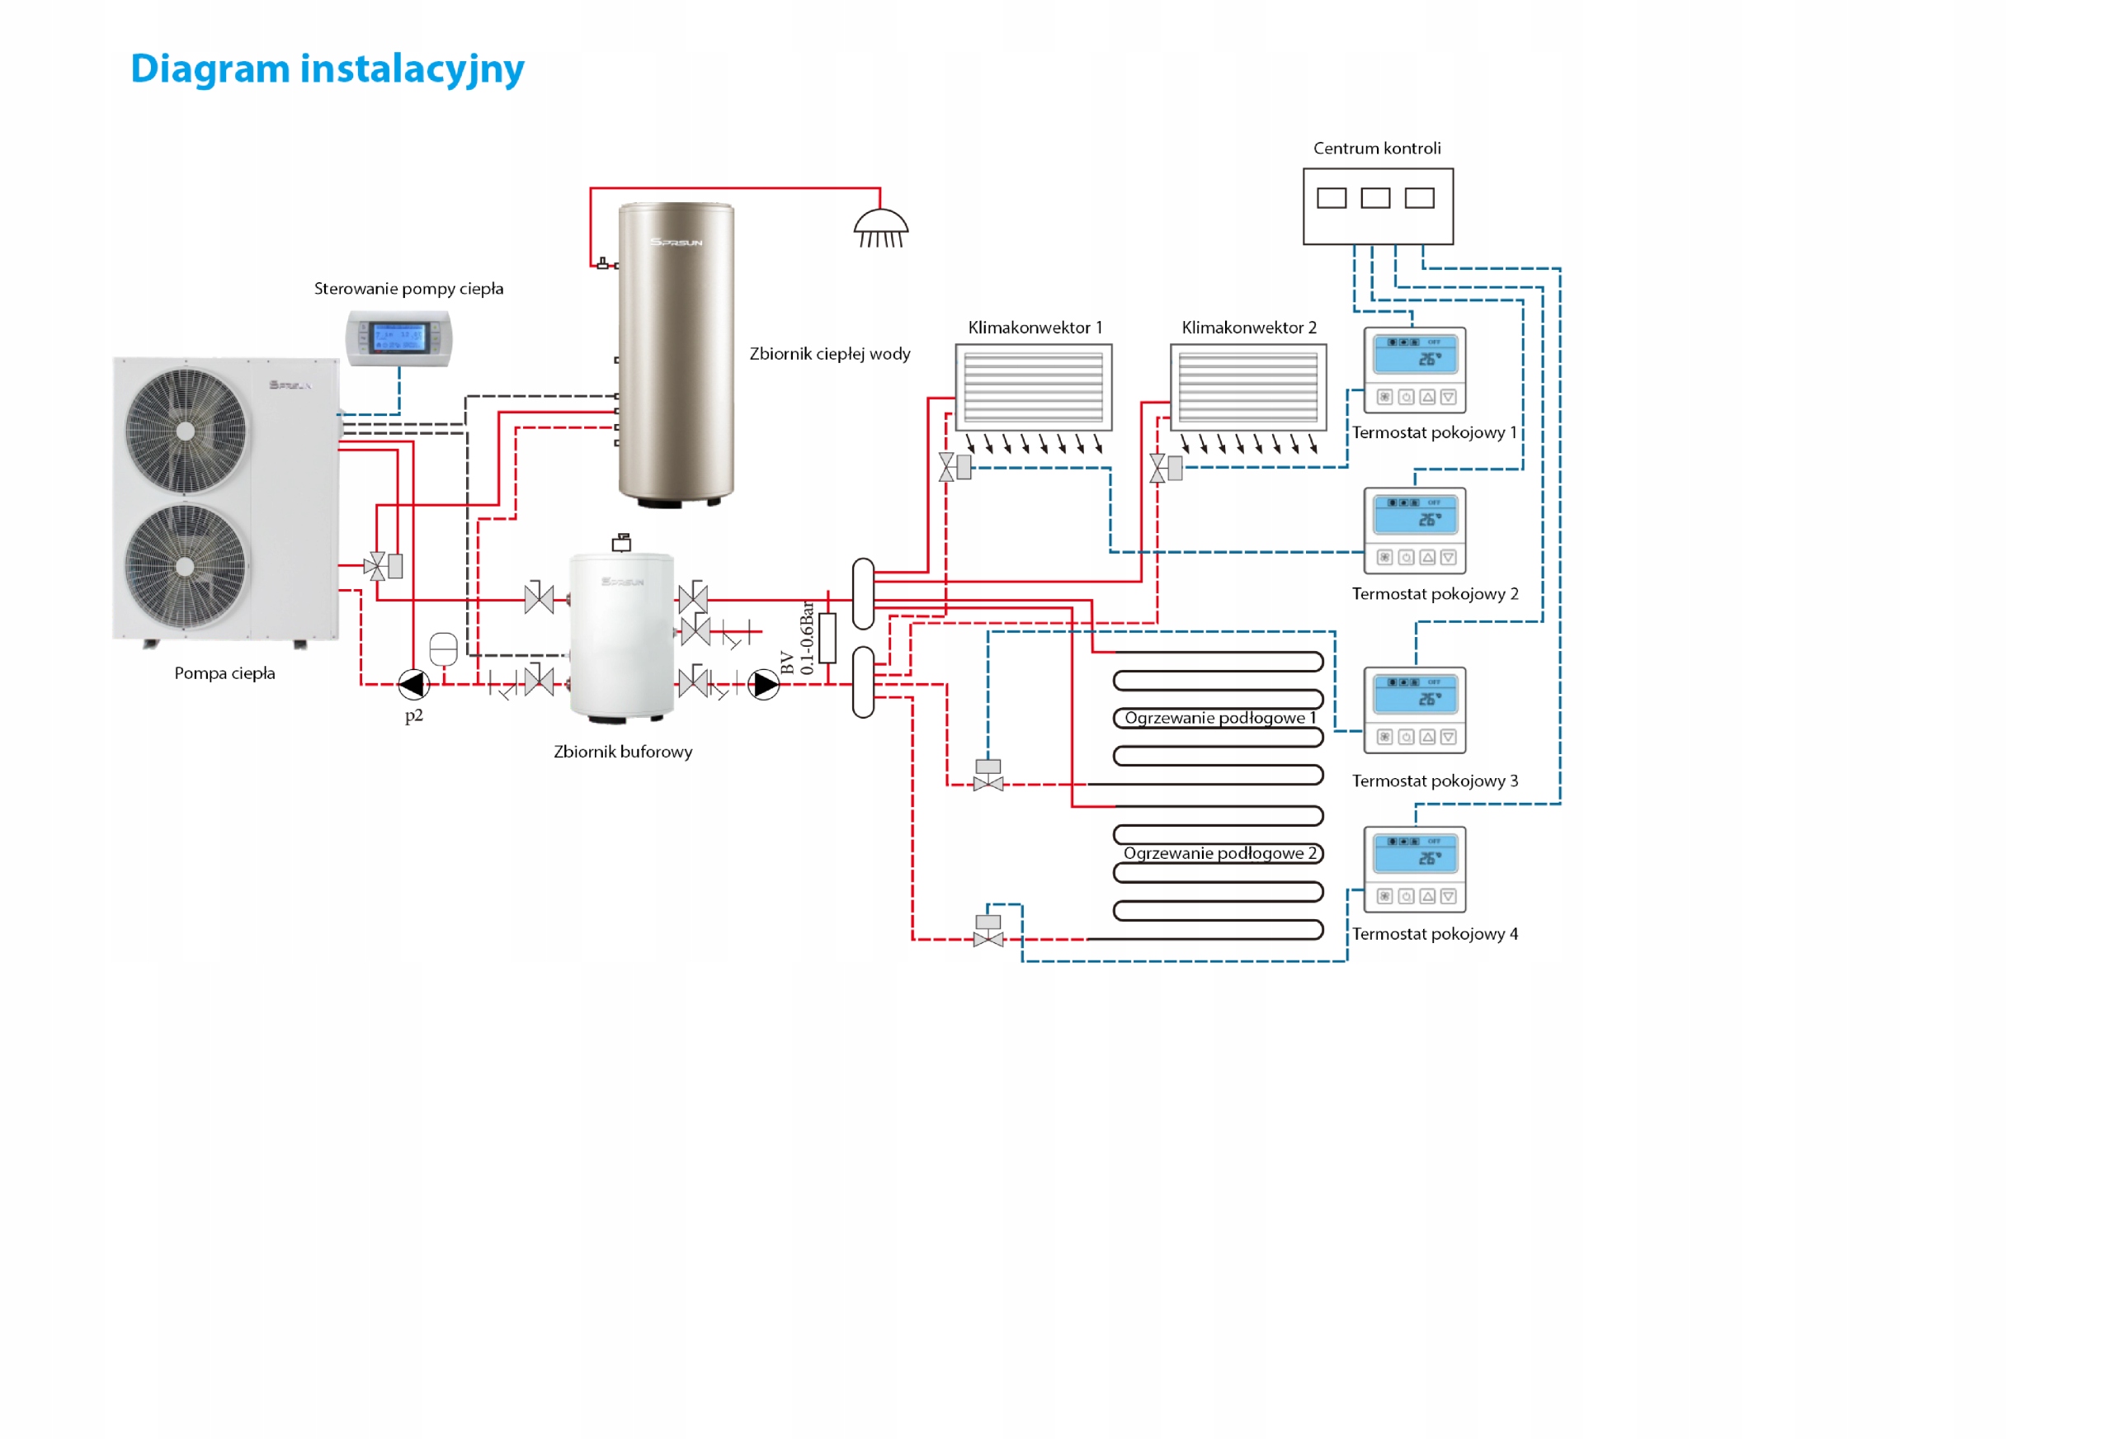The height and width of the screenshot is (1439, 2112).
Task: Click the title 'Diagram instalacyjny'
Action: coord(328,69)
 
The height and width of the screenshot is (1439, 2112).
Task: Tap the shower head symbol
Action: coord(879,227)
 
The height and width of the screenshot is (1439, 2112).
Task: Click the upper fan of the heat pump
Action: coord(186,431)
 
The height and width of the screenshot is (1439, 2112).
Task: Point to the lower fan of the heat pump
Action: coord(186,565)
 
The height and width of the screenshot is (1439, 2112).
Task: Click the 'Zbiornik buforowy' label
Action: coord(623,752)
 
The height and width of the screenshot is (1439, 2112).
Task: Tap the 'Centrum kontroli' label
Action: coord(1376,149)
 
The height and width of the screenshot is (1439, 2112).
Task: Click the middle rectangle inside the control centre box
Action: coord(1375,198)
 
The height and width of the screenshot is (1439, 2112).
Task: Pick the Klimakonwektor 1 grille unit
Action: coord(1033,387)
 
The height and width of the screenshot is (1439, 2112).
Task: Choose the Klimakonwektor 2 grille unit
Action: coord(1247,387)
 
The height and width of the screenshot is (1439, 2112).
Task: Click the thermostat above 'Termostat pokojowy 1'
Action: coord(1414,370)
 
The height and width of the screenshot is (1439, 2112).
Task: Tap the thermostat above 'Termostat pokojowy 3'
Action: coord(1414,710)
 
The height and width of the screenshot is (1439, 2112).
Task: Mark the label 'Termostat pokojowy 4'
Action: coord(1434,933)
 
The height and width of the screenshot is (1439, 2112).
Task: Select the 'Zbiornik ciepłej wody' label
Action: coord(829,354)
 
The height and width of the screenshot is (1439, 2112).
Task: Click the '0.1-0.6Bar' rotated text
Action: coord(807,637)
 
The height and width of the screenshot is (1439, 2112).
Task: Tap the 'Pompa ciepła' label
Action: coord(224,673)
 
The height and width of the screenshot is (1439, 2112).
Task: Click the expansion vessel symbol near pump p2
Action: coord(442,649)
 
